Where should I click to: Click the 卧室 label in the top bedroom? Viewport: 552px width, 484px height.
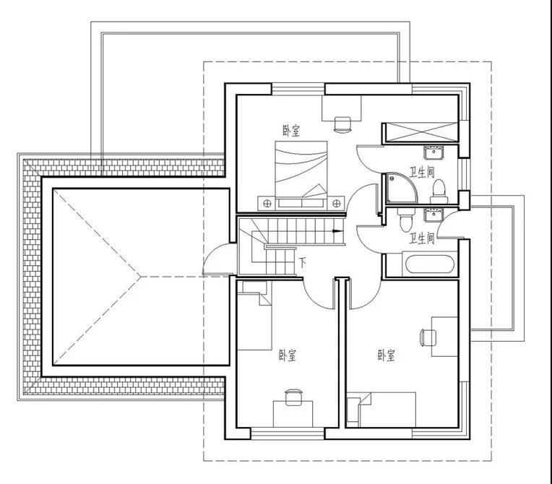pos(291,131)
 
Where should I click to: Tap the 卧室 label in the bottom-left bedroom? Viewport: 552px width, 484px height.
pos(288,355)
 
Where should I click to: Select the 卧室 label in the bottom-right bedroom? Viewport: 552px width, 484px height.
pos(387,355)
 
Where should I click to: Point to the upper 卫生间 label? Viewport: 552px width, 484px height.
pos(422,172)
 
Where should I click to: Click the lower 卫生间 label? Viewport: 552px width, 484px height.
pos(422,238)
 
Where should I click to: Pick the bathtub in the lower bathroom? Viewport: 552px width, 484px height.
pos(429,264)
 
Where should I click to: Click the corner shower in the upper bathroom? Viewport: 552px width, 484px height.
pos(402,188)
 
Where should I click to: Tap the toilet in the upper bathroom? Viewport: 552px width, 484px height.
pos(439,192)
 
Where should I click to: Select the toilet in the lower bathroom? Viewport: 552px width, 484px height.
pos(406,220)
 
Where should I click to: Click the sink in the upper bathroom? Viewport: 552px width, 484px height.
pos(434,152)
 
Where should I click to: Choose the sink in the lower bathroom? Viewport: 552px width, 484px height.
pos(434,215)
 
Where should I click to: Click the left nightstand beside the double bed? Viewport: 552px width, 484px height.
pos(267,203)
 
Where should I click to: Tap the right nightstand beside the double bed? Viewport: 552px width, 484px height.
pos(336,203)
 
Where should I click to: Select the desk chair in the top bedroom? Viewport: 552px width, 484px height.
pos(342,124)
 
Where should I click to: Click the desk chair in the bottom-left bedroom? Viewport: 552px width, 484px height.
pos(293,397)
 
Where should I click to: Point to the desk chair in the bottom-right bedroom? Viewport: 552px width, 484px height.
pos(428,337)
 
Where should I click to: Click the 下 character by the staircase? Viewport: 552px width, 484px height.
pos(303,263)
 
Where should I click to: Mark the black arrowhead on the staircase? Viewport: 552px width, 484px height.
pos(337,231)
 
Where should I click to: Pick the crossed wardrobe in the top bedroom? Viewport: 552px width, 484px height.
pos(421,133)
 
